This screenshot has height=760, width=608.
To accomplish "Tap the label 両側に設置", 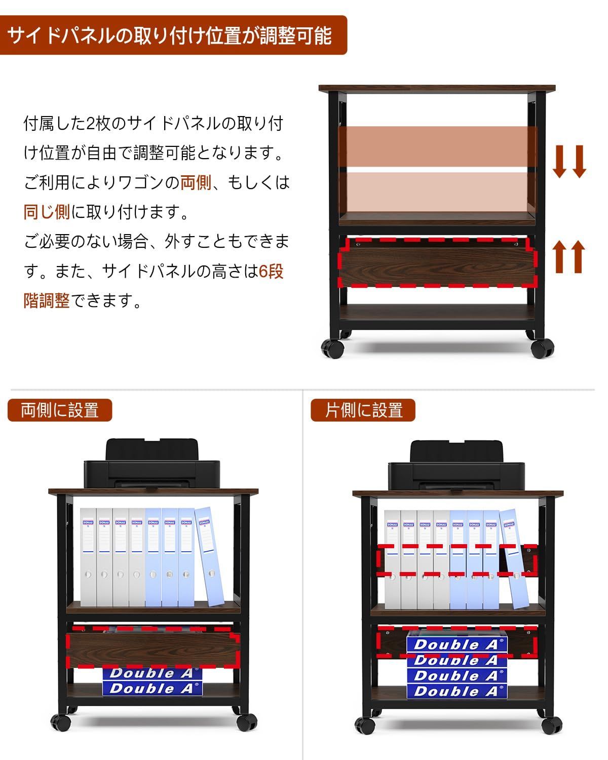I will tap(60, 410).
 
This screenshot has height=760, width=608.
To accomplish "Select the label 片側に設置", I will tap(363, 410).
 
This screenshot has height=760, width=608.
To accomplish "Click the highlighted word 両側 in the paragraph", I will tap(196, 182).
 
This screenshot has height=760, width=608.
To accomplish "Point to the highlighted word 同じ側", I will tap(47, 212).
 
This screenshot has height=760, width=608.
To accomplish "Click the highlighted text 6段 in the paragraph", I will tap(271, 272).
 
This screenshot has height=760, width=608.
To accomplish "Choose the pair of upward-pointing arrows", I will tap(568, 256).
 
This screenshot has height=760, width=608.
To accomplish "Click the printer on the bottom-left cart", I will tap(151, 466).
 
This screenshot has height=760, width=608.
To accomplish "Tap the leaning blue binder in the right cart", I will tap(514, 557).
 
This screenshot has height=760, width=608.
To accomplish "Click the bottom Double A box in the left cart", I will tap(152, 688).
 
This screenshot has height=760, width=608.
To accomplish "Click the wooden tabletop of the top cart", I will tap(437, 88).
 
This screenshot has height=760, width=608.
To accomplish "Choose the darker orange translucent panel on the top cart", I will tap(438, 145).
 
